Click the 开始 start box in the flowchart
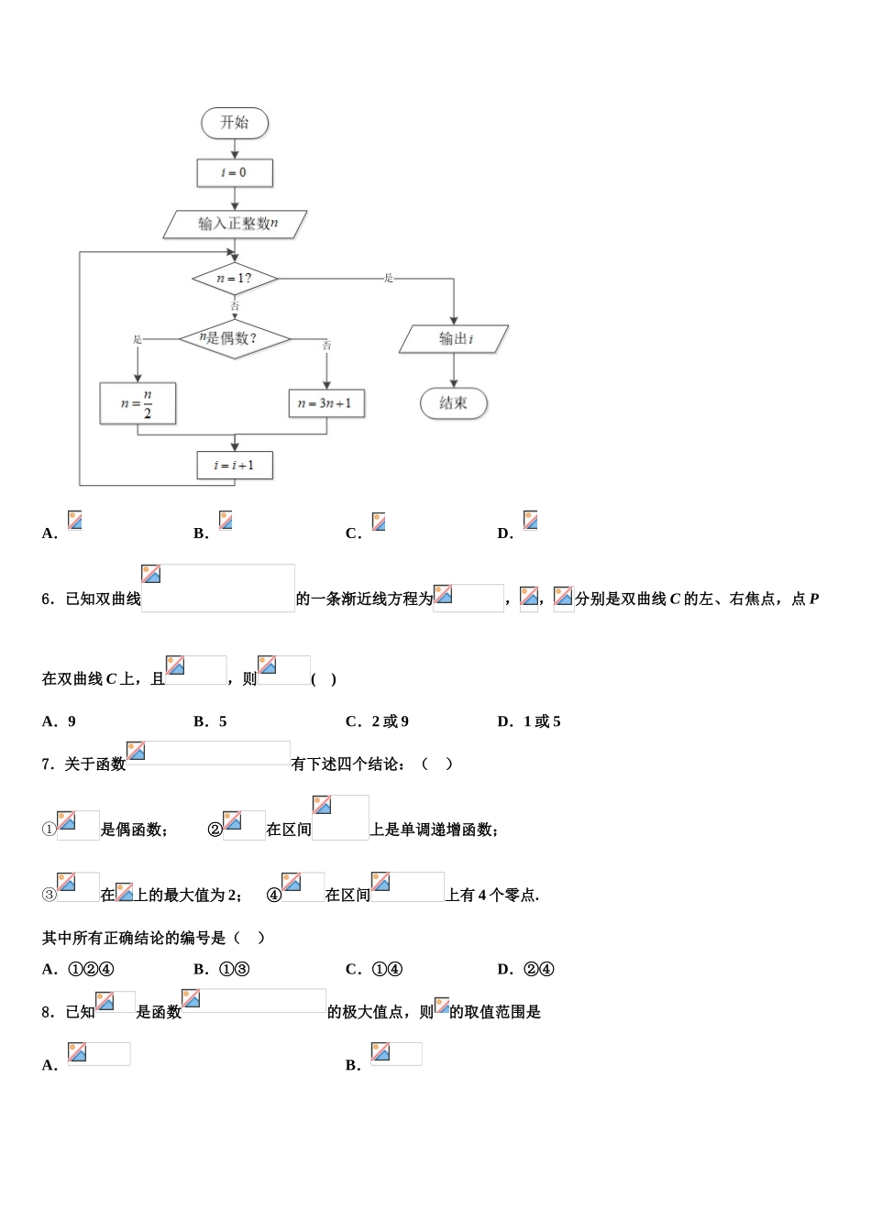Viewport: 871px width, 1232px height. coord(235,123)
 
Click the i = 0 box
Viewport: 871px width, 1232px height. coord(235,172)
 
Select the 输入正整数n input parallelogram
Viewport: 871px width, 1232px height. coord(236,224)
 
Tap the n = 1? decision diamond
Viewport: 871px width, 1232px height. coord(235,278)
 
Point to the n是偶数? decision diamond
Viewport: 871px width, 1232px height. coord(234,338)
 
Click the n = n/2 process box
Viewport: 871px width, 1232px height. coord(138,403)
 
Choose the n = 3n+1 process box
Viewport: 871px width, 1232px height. coord(326,403)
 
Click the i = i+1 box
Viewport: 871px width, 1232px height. coord(235,465)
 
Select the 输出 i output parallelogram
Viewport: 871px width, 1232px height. coord(454,339)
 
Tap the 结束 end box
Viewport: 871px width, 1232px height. coord(454,402)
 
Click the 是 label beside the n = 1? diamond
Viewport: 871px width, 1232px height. coord(389,278)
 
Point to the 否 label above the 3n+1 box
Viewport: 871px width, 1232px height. coord(327,346)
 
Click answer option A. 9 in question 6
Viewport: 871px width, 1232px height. coord(60,721)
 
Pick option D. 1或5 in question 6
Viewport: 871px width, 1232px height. coord(529,721)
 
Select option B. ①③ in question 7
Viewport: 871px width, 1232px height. coord(222,969)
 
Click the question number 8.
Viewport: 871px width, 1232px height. coord(49,1012)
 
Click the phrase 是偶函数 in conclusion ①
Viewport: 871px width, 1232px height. coord(134,830)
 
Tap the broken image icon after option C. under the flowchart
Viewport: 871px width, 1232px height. coord(379,522)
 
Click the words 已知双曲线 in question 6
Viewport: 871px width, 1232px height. coord(103,599)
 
